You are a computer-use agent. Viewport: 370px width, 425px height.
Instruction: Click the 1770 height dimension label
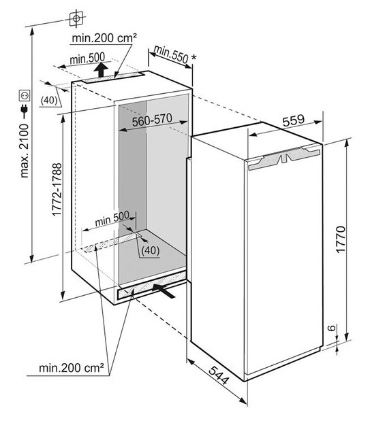[341, 239]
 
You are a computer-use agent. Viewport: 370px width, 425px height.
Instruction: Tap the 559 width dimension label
[294, 121]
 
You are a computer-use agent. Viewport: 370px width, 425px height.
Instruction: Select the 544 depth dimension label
[219, 375]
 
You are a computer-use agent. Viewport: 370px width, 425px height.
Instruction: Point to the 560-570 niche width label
[152, 120]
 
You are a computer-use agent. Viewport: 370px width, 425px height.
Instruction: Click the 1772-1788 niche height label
[57, 190]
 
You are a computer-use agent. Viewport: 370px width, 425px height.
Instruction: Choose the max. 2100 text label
[24, 151]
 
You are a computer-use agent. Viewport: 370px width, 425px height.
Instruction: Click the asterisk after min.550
[194, 58]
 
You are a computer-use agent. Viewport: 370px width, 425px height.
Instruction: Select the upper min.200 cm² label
[104, 38]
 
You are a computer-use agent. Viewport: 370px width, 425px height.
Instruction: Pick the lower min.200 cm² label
[71, 368]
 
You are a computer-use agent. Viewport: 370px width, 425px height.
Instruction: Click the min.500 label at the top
[87, 58]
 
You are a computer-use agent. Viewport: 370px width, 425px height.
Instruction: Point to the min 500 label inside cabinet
[112, 218]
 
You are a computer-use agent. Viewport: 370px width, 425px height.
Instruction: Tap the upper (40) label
[49, 100]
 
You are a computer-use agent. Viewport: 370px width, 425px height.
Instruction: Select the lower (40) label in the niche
[150, 250]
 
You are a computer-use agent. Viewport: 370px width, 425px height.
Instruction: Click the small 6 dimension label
[331, 328]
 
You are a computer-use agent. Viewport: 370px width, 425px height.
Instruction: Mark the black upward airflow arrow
[101, 70]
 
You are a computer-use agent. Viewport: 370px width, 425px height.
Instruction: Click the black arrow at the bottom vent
[164, 290]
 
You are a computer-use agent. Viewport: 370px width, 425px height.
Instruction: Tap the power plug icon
[24, 111]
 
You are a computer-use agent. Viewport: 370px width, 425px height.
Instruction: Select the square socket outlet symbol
[24, 96]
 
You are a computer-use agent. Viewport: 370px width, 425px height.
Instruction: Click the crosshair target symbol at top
[76, 19]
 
